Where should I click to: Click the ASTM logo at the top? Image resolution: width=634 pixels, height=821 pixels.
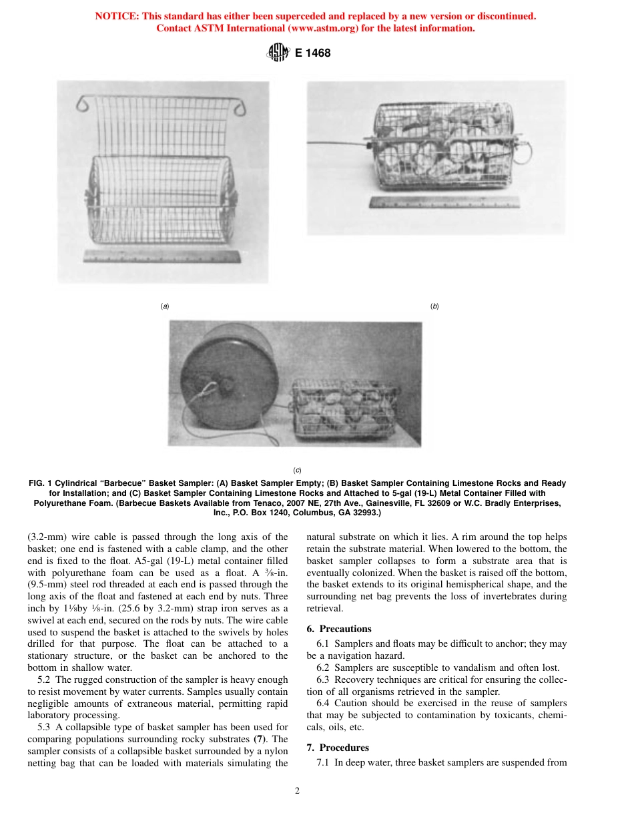click(x=278, y=53)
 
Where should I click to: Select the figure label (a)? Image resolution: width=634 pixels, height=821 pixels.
click(x=165, y=306)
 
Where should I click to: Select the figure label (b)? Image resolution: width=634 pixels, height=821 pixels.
click(x=434, y=306)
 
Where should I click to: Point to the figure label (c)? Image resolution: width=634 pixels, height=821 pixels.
click(x=297, y=469)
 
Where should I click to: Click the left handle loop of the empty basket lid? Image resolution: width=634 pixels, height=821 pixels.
click(x=83, y=104)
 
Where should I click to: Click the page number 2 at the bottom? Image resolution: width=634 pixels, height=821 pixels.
click(x=297, y=791)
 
